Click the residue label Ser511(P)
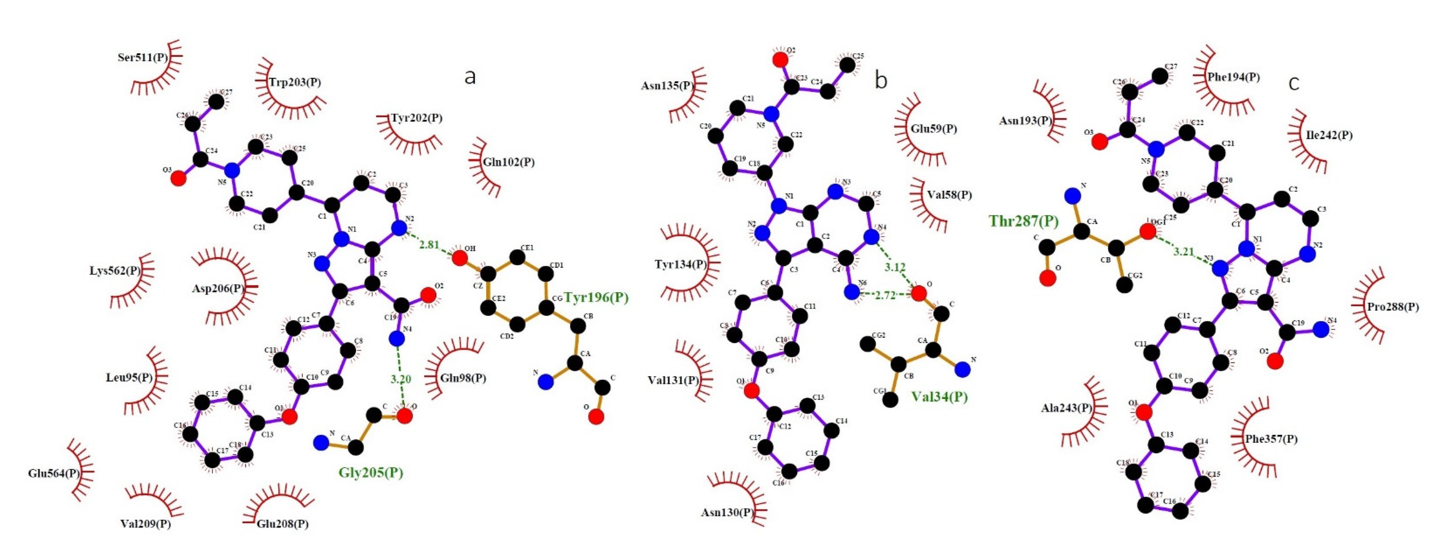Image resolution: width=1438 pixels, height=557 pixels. click(x=142, y=57)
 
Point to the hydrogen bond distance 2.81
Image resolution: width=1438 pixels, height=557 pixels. click(x=429, y=245)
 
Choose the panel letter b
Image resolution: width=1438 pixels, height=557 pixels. click(x=881, y=81)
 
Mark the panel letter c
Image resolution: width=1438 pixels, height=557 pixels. click(x=1293, y=83)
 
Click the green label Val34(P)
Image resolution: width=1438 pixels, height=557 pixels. click(x=939, y=397)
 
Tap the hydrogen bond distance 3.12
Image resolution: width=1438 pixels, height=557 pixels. click(x=895, y=267)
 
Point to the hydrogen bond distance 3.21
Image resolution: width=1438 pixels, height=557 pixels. click(x=1183, y=252)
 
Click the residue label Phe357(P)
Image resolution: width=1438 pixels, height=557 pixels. click(x=1271, y=439)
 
